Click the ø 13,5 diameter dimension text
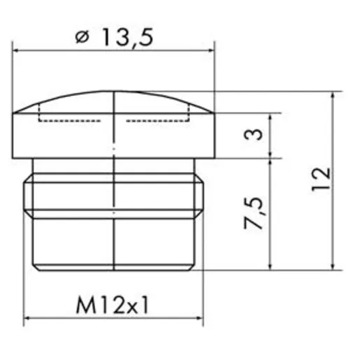tap(114, 37)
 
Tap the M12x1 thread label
tap(113, 305)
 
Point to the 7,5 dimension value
tap(253, 213)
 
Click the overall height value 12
tap(321, 180)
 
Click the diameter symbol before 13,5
tap(82, 37)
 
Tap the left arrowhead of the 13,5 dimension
tap(16, 50)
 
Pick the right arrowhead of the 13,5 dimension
tap(211, 50)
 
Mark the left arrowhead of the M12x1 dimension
tap(27, 318)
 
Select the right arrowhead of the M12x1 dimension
tap(200, 318)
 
